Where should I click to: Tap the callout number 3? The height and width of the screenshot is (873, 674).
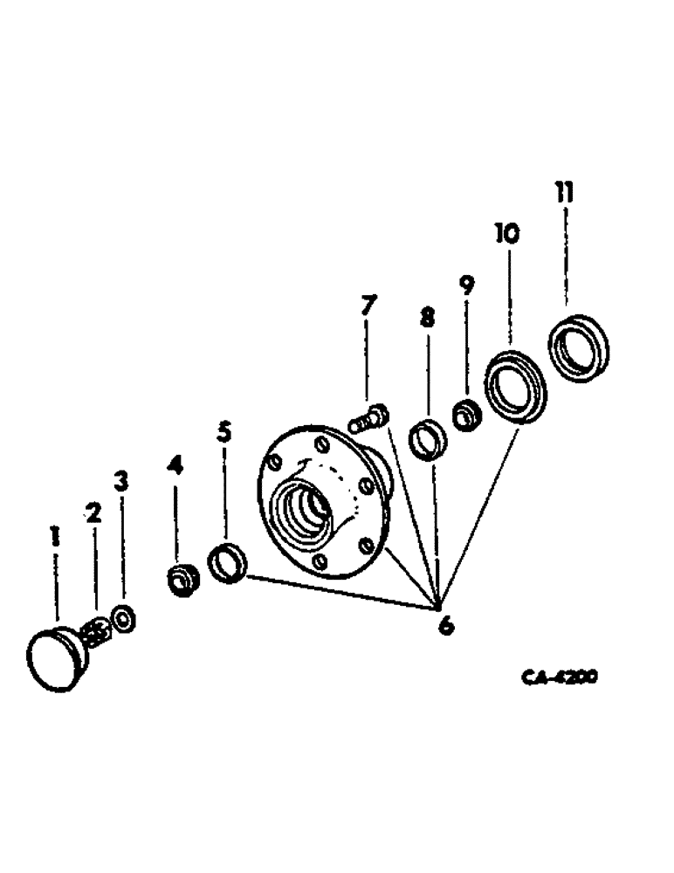(x=121, y=480)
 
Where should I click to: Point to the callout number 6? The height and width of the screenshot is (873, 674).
(x=445, y=625)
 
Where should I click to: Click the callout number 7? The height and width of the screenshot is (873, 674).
(x=368, y=306)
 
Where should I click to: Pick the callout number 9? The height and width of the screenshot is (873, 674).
(x=466, y=285)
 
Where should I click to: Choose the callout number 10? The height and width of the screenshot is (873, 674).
(x=505, y=234)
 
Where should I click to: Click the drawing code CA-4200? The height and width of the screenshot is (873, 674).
(x=553, y=678)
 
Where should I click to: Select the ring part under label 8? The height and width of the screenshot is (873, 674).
(x=427, y=439)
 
